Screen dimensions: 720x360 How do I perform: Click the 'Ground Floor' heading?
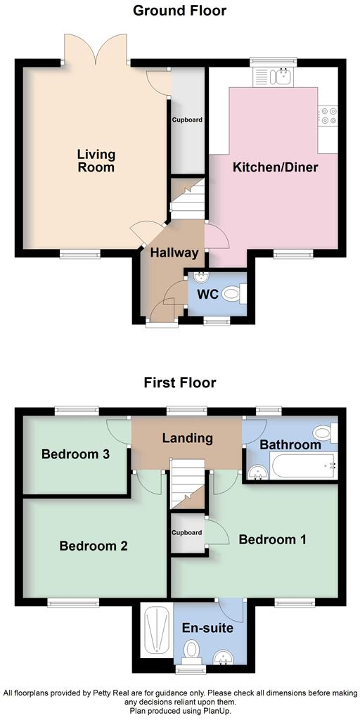pos(180,10)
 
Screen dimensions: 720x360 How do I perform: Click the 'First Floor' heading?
pos(180,382)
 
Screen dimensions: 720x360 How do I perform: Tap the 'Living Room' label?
pos(96,160)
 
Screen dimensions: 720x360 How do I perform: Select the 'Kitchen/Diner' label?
pos(276,167)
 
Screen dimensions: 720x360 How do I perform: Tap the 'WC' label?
pos(205,294)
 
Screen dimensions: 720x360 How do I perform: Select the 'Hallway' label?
pos(173,253)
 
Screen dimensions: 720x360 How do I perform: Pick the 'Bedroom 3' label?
pos(75,454)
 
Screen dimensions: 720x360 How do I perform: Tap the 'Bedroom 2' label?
pos(93,546)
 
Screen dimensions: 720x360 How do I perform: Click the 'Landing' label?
pos(187,438)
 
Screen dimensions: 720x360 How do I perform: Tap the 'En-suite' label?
pos(207,628)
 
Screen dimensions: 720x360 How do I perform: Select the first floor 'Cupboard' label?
pos(187,533)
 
